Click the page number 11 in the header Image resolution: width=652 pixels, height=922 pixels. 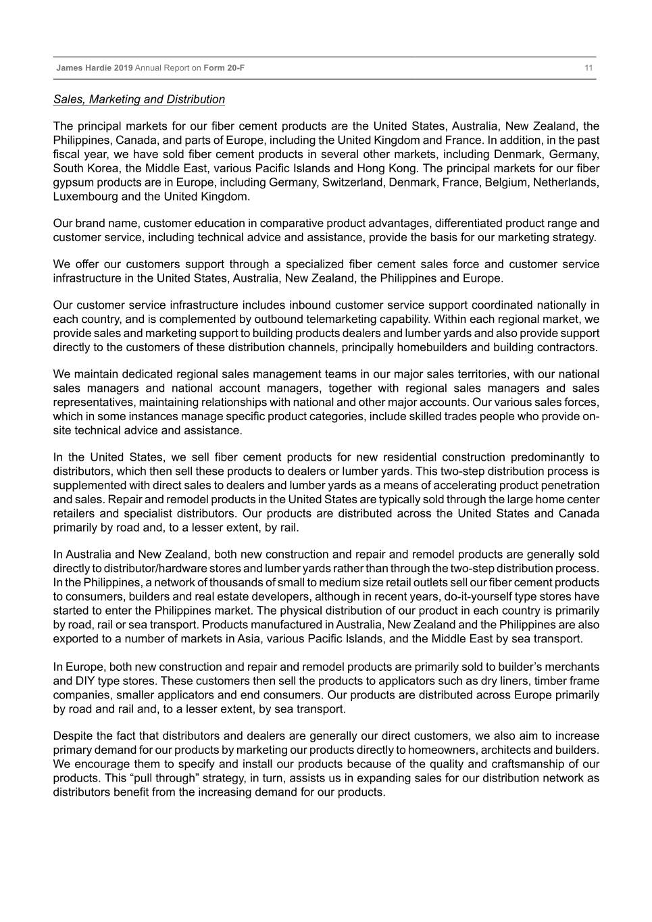point(588,68)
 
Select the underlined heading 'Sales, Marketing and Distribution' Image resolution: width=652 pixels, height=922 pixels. point(139,99)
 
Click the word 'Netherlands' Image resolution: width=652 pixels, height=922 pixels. point(566,182)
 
